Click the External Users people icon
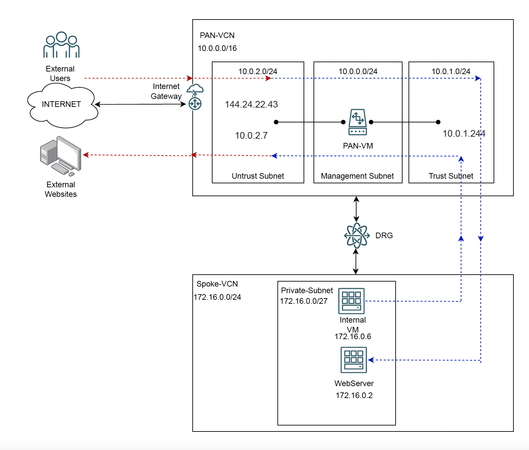61,45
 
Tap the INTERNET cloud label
61,104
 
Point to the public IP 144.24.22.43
251,105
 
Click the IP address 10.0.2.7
251,136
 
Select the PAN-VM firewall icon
358,122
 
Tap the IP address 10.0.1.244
464,134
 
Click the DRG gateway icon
357,236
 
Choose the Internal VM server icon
351,301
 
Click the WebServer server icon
354,360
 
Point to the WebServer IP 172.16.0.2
354,395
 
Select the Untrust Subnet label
258,176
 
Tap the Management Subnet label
357,176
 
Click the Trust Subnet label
451,176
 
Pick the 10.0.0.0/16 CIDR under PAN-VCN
217,48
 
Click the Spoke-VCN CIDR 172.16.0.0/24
217,297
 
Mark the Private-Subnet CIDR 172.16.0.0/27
304,301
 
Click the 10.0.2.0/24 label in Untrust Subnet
258,71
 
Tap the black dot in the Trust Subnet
438,122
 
